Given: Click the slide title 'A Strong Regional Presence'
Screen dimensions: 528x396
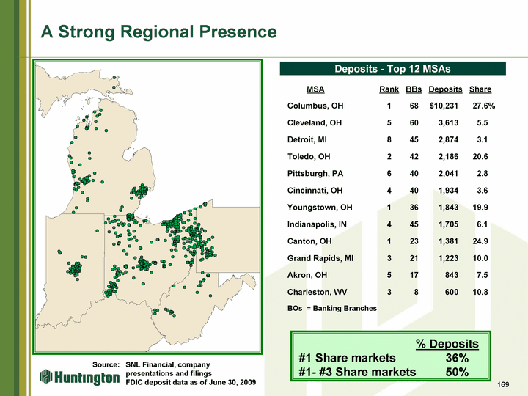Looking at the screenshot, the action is coord(158,32).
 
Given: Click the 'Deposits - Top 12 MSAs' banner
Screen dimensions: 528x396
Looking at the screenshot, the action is coord(392,69).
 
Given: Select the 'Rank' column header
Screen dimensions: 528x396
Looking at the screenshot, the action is coord(389,89).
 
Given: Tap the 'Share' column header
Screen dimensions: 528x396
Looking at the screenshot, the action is coord(480,89).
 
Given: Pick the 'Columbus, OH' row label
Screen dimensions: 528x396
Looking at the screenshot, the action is coord(315,106).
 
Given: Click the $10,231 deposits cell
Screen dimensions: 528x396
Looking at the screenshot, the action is coord(444,106).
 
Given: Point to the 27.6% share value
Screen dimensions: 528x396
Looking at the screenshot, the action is coord(484,106).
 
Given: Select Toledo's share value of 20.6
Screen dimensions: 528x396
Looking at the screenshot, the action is coord(480,157).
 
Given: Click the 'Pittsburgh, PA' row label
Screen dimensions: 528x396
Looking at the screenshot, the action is coord(315,173).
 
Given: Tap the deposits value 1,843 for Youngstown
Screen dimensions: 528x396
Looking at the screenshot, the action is coord(448,208).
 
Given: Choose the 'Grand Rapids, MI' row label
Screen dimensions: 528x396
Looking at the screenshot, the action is coord(320,258).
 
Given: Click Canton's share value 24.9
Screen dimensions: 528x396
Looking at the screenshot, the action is coord(480,241).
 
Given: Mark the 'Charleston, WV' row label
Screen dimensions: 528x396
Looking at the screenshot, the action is coord(317,292).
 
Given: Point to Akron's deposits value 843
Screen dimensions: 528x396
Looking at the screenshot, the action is coord(452,275).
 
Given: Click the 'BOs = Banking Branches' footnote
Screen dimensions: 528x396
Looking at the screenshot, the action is coord(332,309).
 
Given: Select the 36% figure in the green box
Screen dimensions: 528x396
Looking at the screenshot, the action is coord(457,358).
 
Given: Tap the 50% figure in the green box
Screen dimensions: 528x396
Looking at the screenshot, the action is coord(457,372).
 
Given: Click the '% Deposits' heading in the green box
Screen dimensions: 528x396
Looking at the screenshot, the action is coord(447,344).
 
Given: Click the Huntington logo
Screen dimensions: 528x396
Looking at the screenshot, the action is coord(79,378).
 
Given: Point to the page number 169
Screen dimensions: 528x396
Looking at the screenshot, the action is coord(503,384).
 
